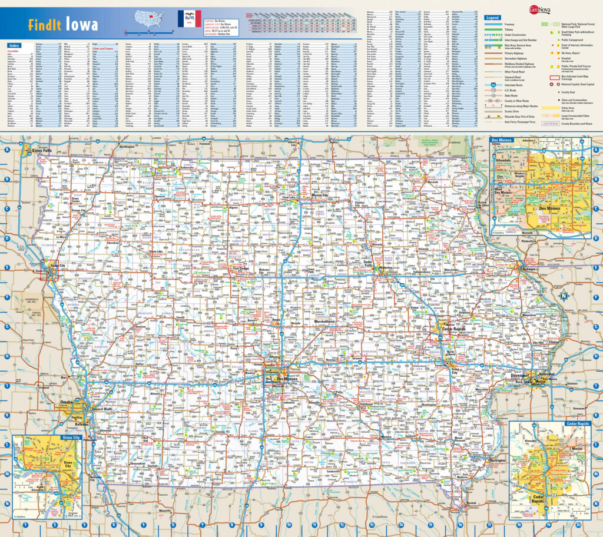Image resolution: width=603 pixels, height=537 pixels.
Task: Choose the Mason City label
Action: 319,195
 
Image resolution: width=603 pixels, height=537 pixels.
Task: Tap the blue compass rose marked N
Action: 564,296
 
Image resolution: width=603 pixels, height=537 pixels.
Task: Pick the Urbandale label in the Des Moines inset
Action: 504,160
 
